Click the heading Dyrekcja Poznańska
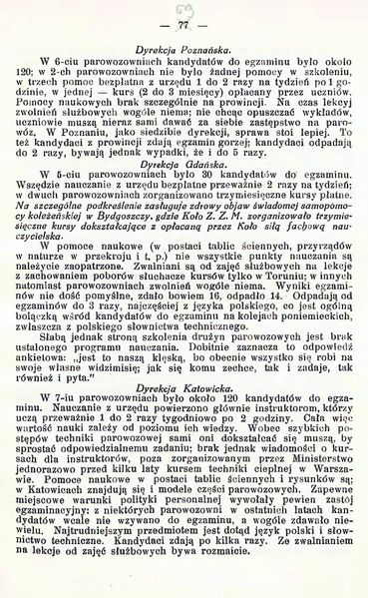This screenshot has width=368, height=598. [183, 48]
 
